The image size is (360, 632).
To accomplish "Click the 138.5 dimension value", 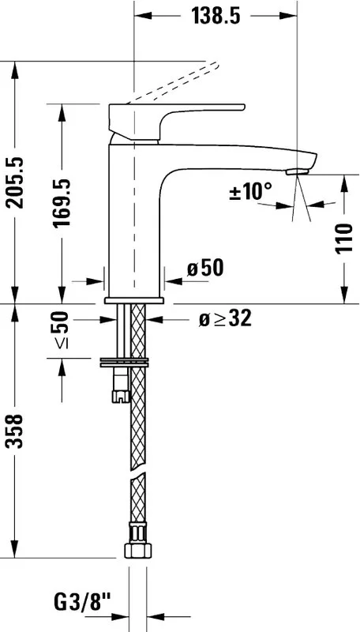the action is (216, 16).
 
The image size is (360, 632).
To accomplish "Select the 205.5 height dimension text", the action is (17, 182).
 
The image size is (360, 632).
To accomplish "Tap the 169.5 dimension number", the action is (62, 203).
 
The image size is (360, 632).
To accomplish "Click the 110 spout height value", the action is (345, 239).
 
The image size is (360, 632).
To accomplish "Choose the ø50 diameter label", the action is (205, 268).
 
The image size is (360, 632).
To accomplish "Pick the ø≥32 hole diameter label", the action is (225, 319).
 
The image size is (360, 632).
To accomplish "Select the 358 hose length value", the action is (17, 431).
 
